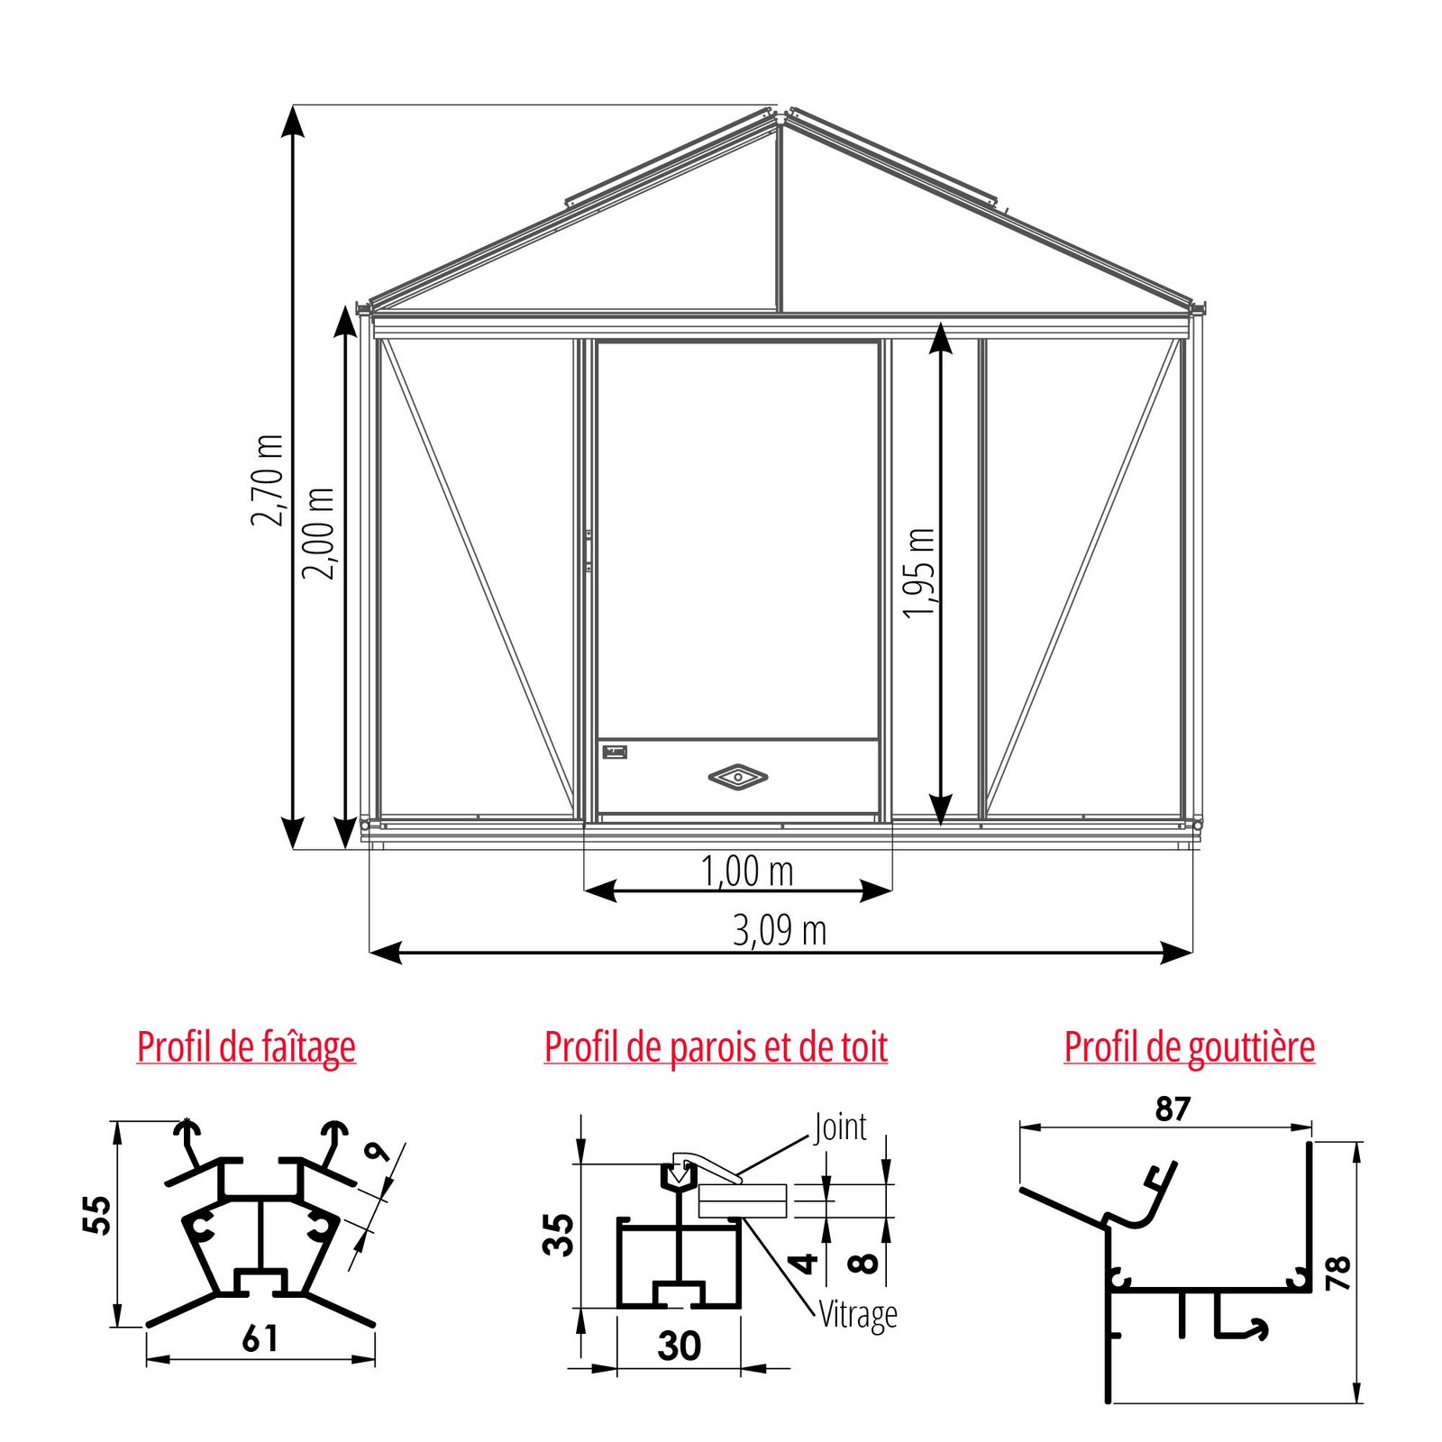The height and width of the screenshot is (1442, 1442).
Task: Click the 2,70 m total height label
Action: pyautogui.click(x=268, y=479)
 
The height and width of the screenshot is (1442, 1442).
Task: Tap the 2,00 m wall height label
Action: pyautogui.click(x=318, y=534)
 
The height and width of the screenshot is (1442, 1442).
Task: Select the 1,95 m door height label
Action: pyautogui.click(x=919, y=573)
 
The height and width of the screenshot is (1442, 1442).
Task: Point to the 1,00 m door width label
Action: pyautogui.click(x=747, y=871)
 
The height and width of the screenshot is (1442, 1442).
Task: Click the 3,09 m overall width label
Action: pyautogui.click(x=780, y=930)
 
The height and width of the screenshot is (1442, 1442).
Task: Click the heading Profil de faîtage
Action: pyautogui.click(x=246, y=1047)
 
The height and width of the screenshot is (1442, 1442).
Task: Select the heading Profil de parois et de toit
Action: pyautogui.click(x=716, y=1047)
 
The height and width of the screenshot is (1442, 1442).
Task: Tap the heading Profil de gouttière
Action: pyautogui.click(x=1189, y=1047)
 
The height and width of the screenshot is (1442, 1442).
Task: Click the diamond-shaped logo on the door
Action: pyautogui.click(x=738, y=776)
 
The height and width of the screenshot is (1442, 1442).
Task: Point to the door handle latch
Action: pyautogui.click(x=589, y=551)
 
